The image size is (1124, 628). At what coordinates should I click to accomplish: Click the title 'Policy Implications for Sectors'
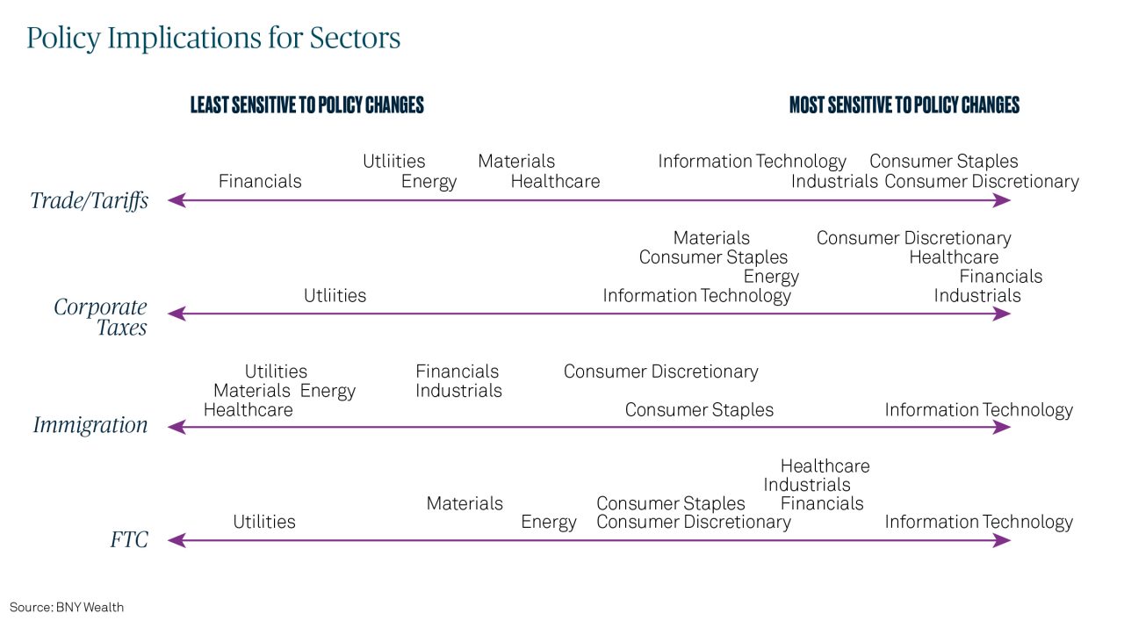[213, 38]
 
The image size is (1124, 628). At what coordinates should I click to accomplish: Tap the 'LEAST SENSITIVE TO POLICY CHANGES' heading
[307, 105]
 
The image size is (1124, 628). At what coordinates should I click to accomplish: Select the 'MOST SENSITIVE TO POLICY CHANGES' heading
[904, 105]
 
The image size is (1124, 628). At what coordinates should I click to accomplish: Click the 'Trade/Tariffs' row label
[90, 201]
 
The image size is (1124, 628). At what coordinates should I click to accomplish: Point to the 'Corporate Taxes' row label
[100, 317]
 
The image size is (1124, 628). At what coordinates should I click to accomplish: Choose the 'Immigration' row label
[90, 425]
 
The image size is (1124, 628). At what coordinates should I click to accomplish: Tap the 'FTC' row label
[129, 540]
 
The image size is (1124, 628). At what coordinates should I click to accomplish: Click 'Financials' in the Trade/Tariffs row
[260, 181]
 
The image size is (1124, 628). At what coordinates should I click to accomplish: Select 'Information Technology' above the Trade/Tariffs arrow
[752, 161]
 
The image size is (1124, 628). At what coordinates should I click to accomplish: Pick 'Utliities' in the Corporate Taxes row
[335, 296]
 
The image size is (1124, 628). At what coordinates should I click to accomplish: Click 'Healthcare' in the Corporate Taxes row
[954, 257]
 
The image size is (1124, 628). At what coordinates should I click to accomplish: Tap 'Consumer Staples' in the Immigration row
[699, 410]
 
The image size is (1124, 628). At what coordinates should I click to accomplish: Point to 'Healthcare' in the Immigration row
[248, 410]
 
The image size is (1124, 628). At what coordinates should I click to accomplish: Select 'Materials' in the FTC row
[465, 503]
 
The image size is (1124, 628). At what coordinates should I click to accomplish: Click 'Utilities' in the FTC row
[264, 522]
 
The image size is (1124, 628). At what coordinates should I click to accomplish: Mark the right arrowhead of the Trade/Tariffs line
[1002, 200]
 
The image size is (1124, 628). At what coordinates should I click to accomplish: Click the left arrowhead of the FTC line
[177, 541]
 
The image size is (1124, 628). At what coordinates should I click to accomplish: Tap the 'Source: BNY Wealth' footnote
[66, 608]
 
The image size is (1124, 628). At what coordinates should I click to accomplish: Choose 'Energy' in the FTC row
[549, 523]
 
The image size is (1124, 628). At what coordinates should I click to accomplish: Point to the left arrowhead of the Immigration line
[177, 427]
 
